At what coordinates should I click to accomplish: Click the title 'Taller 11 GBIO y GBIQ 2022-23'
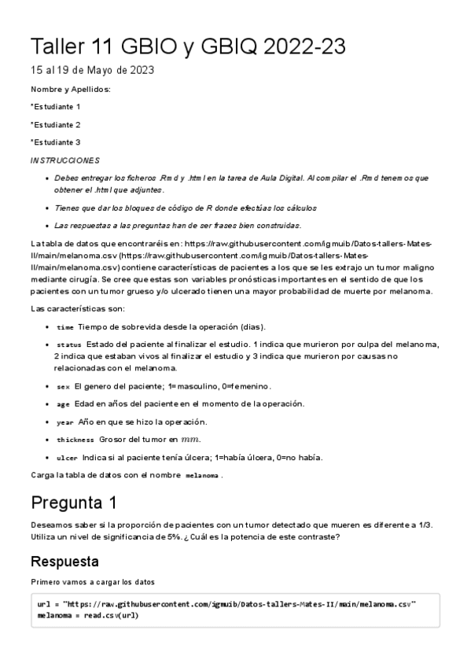(x=187, y=46)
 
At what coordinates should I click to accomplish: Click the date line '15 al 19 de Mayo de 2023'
(x=92, y=71)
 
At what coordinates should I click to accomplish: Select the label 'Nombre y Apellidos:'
(x=70, y=89)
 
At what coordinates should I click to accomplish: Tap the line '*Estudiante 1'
(x=55, y=106)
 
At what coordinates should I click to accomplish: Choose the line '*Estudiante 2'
(x=55, y=124)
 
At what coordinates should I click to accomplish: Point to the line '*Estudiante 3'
(x=55, y=142)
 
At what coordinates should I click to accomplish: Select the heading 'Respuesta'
(x=64, y=562)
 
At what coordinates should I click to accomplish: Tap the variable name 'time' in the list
(x=65, y=327)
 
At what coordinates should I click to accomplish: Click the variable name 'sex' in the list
(x=64, y=387)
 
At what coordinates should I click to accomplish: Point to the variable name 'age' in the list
(x=64, y=404)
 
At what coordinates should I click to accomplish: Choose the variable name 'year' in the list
(x=65, y=422)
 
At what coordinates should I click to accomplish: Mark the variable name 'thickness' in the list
(x=75, y=440)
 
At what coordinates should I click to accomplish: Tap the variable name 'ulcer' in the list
(x=68, y=458)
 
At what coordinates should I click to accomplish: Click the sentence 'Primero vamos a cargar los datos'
(x=93, y=583)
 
